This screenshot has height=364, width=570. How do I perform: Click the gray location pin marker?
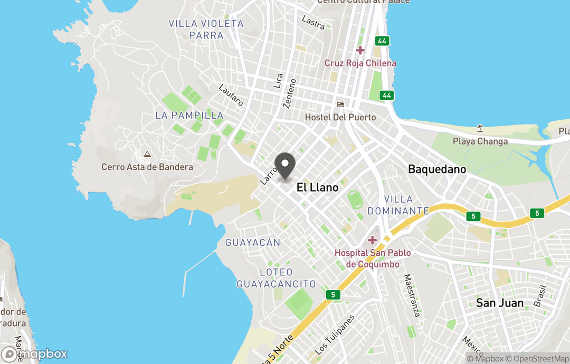click(x=286, y=166)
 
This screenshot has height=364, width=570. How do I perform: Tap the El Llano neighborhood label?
click(x=317, y=187)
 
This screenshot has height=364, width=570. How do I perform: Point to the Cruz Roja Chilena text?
click(x=360, y=63)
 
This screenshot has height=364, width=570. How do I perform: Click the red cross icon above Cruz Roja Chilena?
click(x=360, y=51)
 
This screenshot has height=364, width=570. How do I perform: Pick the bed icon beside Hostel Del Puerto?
click(x=340, y=104)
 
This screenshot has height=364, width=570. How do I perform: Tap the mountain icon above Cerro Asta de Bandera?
click(x=147, y=155)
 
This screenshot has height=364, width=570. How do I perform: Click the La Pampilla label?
click(x=189, y=115)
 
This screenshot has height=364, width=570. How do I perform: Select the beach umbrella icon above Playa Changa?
click(x=480, y=128)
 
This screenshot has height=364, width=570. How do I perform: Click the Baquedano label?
click(x=437, y=169)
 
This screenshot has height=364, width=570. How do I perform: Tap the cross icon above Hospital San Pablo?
click(x=373, y=240)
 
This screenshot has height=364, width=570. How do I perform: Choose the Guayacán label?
click(x=252, y=243)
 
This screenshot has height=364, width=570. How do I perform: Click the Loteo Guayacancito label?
click(x=276, y=278)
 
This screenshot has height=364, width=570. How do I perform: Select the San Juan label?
click(x=499, y=303)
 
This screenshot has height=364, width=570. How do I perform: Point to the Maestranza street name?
click(x=411, y=295)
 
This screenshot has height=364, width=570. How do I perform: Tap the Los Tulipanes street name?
click(x=335, y=336)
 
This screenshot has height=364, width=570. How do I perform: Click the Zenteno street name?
click(x=290, y=93)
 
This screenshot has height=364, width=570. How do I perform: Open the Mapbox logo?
click(x=34, y=354)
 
